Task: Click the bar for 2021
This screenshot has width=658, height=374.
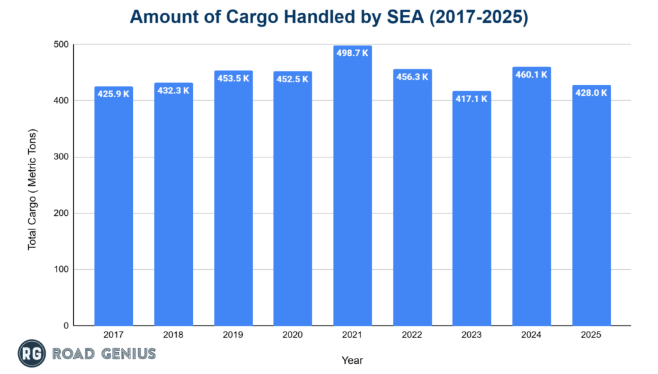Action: coord(352,193)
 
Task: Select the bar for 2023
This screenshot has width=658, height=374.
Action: coord(472,212)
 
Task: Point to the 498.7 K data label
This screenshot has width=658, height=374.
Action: coord(352,53)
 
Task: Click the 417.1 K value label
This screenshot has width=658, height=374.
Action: coord(472,99)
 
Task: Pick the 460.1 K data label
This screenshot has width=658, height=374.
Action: coord(531,75)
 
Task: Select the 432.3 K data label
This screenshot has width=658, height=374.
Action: coord(173,91)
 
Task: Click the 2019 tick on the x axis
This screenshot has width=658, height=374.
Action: coord(233,335)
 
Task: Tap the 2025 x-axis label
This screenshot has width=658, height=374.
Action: coord(591,335)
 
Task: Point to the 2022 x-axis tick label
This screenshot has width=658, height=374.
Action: coord(412,335)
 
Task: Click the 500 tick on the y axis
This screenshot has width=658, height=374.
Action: coord(62,45)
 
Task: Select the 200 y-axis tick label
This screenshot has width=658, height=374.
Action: coord(62,213)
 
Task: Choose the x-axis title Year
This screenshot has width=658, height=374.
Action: coord(352,361)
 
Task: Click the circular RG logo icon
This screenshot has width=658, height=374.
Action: coord(30,353)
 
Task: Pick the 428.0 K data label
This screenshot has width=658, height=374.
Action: coord(591,93)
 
